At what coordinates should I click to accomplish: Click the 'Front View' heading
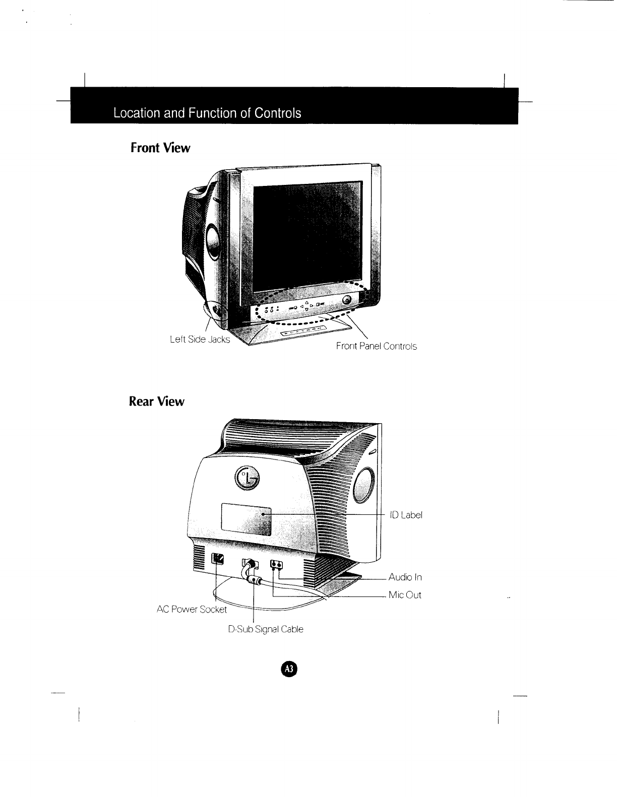160,148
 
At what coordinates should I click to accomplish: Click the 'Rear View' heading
157,402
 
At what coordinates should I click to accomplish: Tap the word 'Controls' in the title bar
277,113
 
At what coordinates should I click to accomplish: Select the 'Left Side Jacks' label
200,340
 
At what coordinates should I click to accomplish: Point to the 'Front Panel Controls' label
377,347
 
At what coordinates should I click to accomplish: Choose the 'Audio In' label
405,577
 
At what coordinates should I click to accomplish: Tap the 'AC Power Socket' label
192,609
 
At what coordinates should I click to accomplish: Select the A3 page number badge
288,669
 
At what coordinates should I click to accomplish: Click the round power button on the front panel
347,300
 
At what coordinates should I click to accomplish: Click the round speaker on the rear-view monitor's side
364,485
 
